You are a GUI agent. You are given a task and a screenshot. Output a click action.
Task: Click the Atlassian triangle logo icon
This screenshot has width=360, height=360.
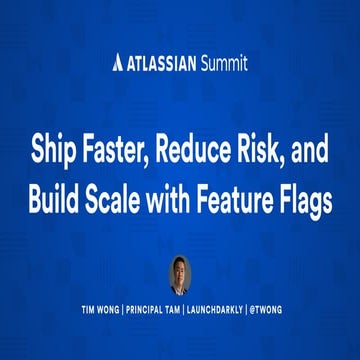(x=120, y=64)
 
